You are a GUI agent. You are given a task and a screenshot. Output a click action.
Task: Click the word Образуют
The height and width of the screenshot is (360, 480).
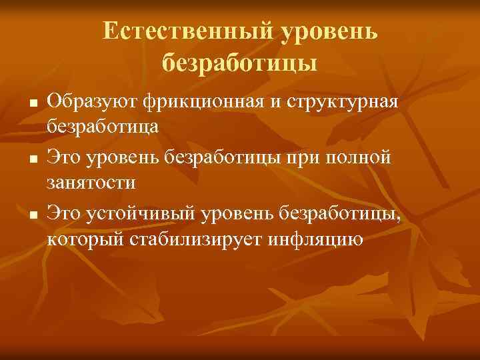(91, 102)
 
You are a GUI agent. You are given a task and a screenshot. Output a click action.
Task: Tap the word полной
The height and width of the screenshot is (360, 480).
(367, 158)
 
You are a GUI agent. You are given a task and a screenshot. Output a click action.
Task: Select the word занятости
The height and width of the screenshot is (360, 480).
(91, 181)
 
